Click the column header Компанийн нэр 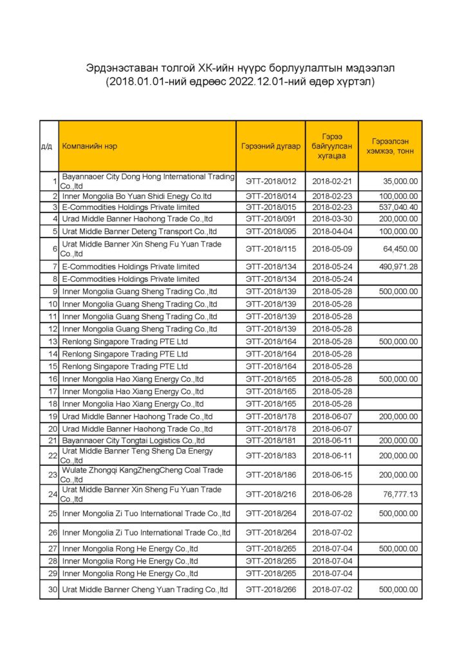(89, 146)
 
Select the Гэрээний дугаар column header (270, 146)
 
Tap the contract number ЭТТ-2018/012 (270, 181)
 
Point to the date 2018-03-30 (331, 219)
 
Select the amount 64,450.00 (400, 249)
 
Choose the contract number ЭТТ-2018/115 (270, 249)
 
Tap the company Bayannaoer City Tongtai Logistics (133, 441)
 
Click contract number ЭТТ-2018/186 (270, 475)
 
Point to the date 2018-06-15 (331, 475)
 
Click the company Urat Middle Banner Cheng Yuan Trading (145, 589)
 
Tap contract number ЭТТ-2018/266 (270, 589)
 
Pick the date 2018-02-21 (331, 181)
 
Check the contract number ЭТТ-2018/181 (270, 441)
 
